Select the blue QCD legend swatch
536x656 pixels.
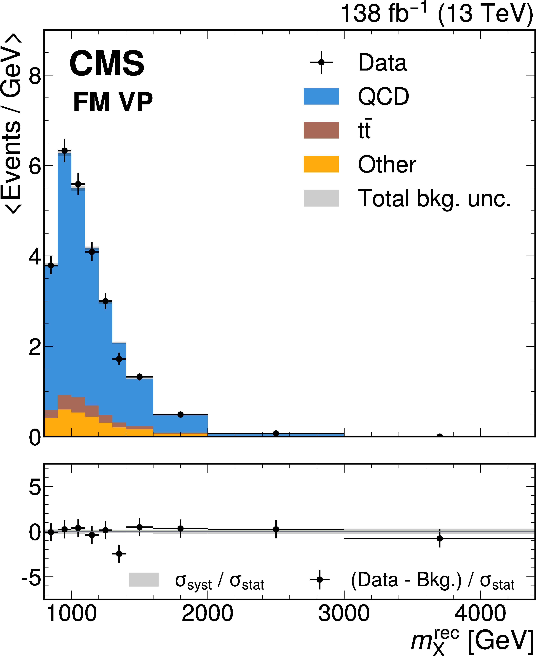[x=321, y=96]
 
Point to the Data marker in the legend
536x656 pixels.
[x=321, y=62]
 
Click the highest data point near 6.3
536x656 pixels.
[x=65, y=151]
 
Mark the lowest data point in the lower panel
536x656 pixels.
[x=119, y=553]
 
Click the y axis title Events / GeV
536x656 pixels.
[x=12, y=124]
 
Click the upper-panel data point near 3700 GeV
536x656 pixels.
[x=440, y=436]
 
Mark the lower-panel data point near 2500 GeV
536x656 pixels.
[x=276, y=529]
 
